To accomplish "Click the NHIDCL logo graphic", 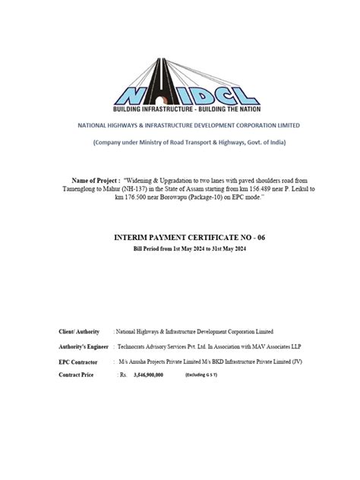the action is pos(179,68).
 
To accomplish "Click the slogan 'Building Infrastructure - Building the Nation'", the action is pos(179,108).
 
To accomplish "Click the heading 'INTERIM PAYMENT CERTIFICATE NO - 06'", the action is pos(180,238).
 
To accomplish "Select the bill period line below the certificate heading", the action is pos(180,248).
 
